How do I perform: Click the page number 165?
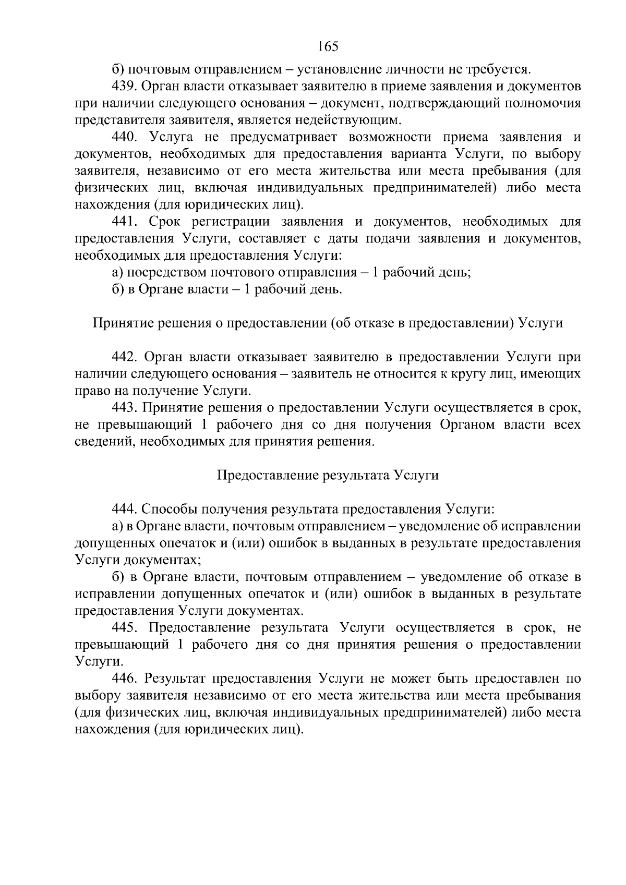(x=328, y=46)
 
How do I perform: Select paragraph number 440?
(x=124, y=137)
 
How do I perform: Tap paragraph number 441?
(x=124, y=222)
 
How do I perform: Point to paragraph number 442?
(x=124, y=357)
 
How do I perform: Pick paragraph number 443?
(x=124, y=408)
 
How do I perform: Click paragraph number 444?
(x=124, y=509)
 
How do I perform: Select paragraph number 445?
(x=124, y=627)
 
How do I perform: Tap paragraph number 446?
(x=124, y=678)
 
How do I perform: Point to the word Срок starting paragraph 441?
(x=164, y=222)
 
